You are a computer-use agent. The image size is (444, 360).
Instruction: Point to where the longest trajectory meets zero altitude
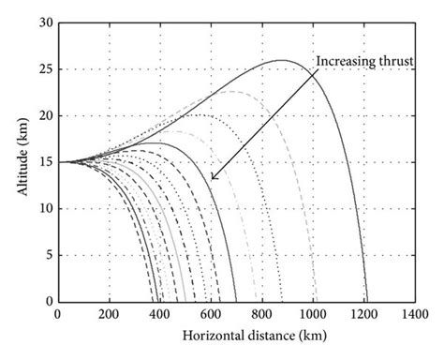pos(367,302)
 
